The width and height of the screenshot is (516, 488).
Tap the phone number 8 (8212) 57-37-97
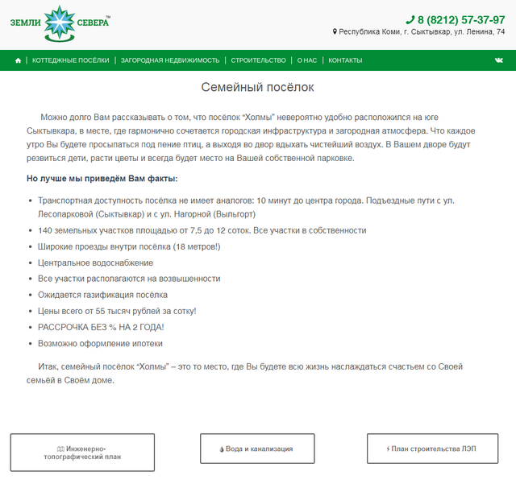tap(461, 19)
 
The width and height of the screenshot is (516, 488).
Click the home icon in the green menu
tap(18, 60)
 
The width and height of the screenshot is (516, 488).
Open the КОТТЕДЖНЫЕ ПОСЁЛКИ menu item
tap(70, 60)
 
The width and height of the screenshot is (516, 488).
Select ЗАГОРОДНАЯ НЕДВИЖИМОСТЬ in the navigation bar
tap(170, 60)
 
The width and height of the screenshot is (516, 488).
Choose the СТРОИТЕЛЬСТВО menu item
tap(258, 60)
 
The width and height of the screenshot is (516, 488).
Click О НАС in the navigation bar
tap(306, 60)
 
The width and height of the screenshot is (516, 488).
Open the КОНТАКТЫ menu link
tap(345, 60)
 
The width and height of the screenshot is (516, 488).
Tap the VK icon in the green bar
tap(499, 60)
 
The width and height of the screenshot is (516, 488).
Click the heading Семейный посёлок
tap(257, 87)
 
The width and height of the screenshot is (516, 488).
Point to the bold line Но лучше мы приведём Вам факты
tap(102, 179)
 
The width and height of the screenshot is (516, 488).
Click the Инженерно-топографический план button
tap(82, 452)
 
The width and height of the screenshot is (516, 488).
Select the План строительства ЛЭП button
tap(432, 449)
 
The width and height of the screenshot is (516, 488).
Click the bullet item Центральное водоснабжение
tap(95, 263)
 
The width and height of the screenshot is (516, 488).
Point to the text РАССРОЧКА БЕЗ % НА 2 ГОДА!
tap(101, 327)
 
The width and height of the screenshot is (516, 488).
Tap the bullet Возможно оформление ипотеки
tap(100, 343)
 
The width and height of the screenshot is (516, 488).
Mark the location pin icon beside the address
tap(335, 32)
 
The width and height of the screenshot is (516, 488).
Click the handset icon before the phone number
tap(410, 19)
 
